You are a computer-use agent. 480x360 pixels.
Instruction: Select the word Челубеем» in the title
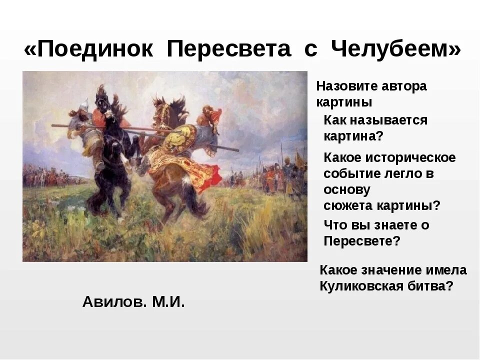[395, 50]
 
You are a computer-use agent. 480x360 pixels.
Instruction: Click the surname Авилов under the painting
[113, 302]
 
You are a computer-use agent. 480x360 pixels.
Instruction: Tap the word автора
[404, 86]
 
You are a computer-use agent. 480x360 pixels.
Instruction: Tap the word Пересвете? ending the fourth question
[362, 241]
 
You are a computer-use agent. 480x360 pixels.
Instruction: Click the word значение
[389, 270]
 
